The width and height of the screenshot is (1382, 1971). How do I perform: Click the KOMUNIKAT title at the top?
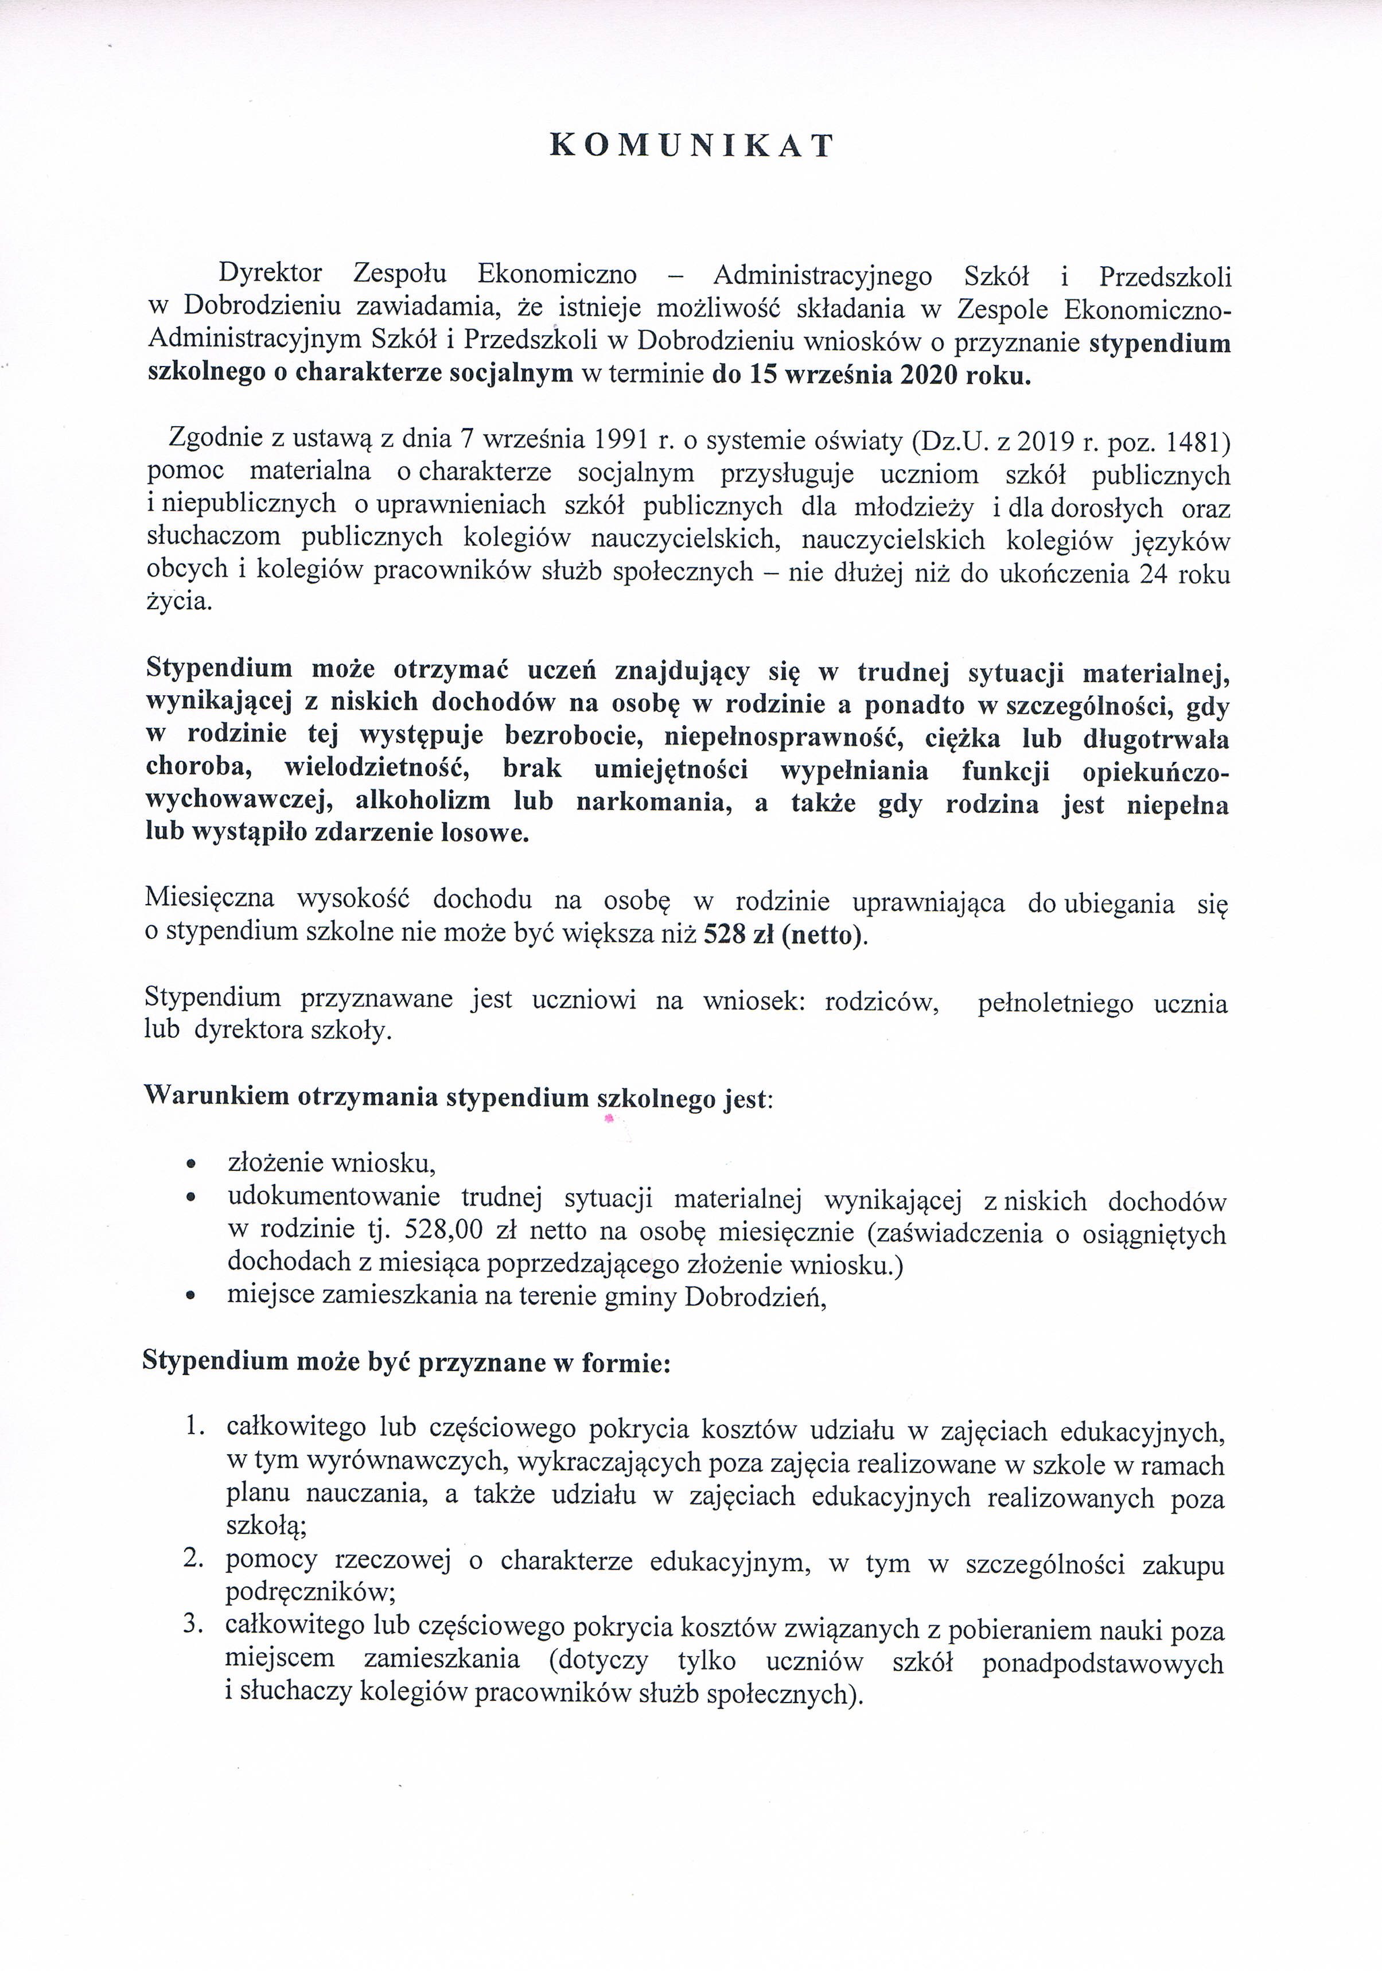(691, 146)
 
